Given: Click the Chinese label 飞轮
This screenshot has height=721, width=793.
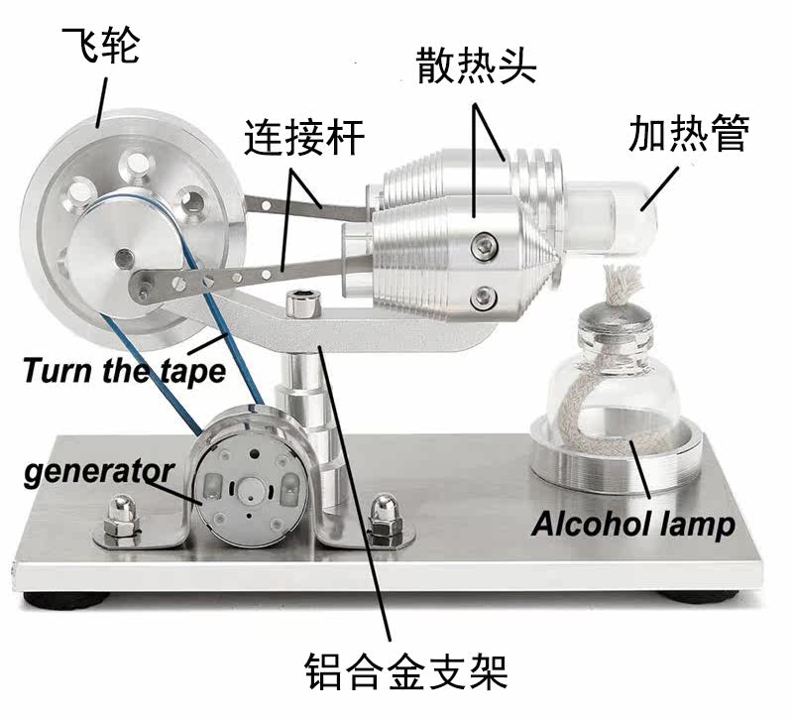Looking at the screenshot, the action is [x=100, y=45].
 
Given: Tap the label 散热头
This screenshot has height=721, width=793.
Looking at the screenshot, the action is [x=476, y=65].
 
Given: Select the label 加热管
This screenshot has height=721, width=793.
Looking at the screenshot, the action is [x=688, y=133].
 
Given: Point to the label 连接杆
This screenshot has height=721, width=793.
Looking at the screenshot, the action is [x=304, y=137].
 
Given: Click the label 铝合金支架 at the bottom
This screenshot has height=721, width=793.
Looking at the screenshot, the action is [x=406, y=671].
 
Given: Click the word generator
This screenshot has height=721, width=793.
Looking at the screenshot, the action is [x=99, y=472].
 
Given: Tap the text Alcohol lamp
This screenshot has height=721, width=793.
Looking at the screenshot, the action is [x=633, y=525].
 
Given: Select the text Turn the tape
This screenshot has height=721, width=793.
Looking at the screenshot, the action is [x=125, y=370].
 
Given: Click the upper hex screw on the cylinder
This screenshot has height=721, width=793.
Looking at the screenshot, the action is [x=484, y=246].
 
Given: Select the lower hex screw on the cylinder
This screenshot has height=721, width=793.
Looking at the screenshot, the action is [x=484, y=297].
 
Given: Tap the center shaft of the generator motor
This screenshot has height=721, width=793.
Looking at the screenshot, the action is [x=252, y=490].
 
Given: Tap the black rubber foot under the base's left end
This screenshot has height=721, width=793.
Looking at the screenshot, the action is [x=65, y=601].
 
